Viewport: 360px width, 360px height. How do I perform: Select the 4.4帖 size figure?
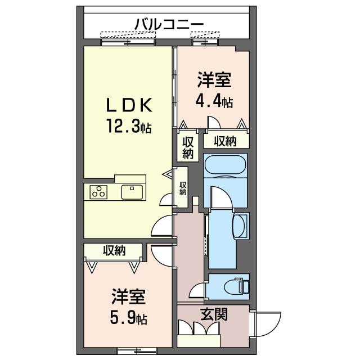pyautogui.click(x=214, y=102)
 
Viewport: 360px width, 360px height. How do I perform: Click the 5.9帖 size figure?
pyautogui.click(x=129, y=319)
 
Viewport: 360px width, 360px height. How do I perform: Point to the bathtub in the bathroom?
pyautogui.click(x=224, y=165)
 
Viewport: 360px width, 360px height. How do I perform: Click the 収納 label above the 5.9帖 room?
pyautogui.click(x=114, y=250)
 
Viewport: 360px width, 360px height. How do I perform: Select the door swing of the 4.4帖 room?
pyautogui.click(x=214, y=124)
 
